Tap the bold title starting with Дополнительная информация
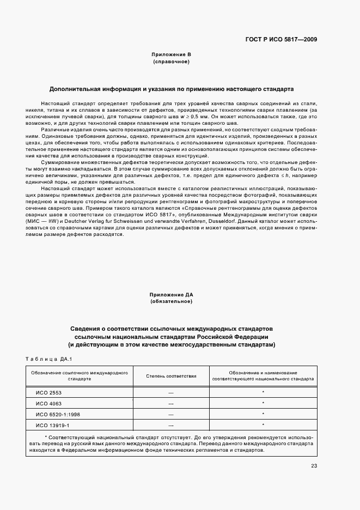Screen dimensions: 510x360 [172, 88]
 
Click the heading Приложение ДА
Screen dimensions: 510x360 [172, 295]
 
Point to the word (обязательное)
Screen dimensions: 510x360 [172, 302]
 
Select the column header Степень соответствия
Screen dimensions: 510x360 [171, 376]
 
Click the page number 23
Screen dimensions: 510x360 [314, 465]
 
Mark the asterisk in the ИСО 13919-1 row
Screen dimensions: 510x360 [263, 425]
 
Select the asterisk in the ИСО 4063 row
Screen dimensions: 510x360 [263, 403]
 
